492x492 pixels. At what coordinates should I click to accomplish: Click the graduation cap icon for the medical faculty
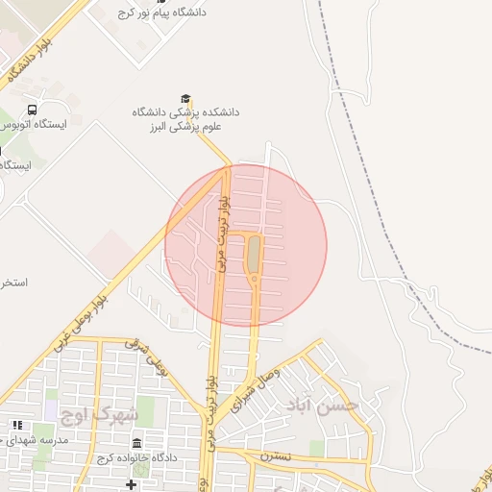[185, 98]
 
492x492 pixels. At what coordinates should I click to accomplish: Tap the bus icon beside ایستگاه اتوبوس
[33, 111]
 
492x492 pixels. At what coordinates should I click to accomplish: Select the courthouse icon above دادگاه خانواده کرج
[136, 444]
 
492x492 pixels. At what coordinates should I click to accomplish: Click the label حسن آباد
[323, 406]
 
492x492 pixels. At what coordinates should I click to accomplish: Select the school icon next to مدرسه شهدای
[16, 425]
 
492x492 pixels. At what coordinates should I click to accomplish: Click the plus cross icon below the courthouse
[131, 482]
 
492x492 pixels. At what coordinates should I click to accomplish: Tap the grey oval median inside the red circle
[253, 256]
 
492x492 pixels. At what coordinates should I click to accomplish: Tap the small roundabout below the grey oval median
[253, 280]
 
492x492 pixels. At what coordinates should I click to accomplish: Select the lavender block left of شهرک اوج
[50, 410]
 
